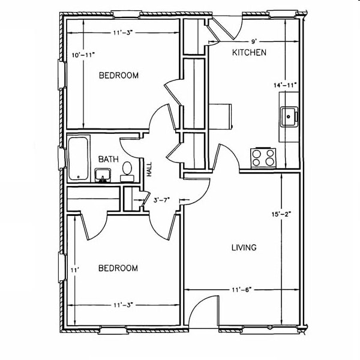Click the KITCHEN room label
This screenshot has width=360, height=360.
(249, 53)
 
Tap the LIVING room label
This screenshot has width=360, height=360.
(244, 247)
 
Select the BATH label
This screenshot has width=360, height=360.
(107, 159)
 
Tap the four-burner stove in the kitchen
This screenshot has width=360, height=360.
(263, 157)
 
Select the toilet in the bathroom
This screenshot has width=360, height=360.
(127, 170)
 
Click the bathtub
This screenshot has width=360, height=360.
(78, 158)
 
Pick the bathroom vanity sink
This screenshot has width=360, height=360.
(102, 175)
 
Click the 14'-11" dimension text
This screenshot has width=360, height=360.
(286, 85)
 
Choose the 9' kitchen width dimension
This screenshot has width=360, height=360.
(254, 41)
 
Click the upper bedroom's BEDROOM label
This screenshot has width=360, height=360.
(118, 76)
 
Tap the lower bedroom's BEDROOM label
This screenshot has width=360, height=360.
(118, 268)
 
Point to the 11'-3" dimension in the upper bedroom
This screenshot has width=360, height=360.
(122, 34)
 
